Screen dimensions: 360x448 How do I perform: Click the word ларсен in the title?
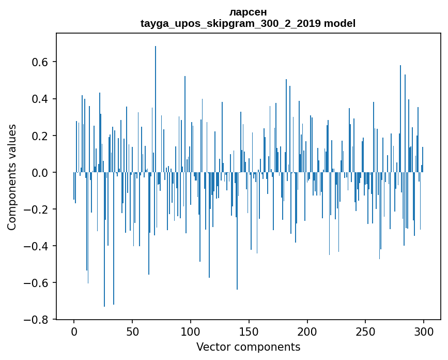(x=248, y=12)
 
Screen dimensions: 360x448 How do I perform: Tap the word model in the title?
(x=339, y=24)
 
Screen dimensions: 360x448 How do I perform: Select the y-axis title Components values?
(x=12, y=177)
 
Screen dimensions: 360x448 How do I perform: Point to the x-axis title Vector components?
(x=248, y=347)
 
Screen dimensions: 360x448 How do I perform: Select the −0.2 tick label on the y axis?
(x=35, y=209)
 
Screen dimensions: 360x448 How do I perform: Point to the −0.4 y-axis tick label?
(x=35, y=246)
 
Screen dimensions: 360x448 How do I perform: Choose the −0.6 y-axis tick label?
(x=35, y=283)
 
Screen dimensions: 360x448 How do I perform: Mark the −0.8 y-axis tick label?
(x=35, y=320)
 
